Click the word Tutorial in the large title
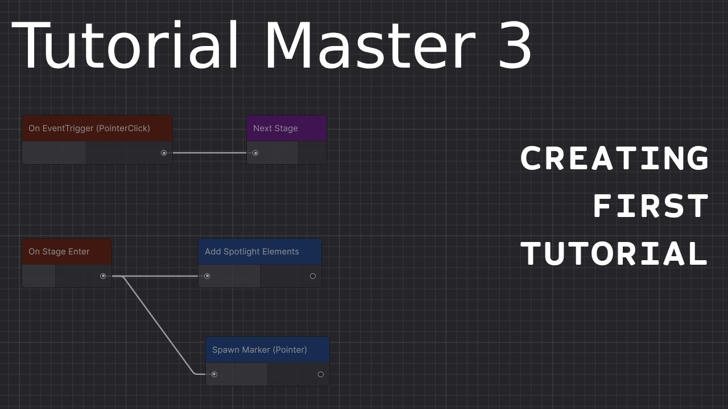129,45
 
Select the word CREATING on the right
614,158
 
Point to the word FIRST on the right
651,206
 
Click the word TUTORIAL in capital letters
614,254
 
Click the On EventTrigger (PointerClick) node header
97,128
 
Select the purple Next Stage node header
287,128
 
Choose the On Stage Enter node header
67,252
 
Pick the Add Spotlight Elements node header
260,252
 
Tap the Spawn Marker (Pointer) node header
267,350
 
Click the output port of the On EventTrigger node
164,153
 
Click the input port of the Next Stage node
255,153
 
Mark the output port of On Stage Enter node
103,276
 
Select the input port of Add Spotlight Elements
207,276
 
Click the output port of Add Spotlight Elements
313,276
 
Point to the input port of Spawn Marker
214,374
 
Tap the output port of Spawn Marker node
321,374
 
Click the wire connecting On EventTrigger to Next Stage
209,153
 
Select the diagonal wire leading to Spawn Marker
159,326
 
